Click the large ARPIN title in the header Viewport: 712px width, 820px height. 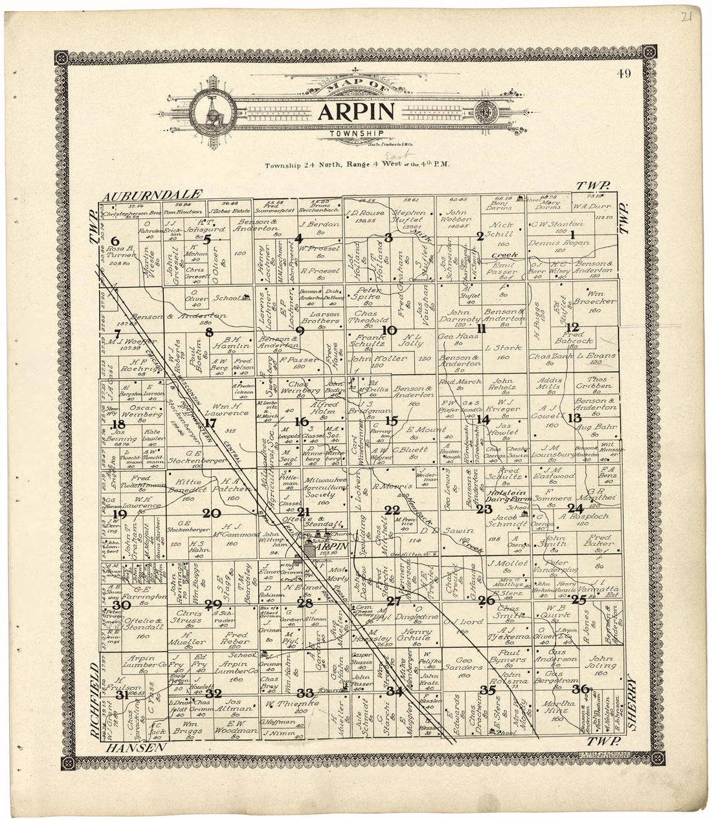click(x=355, y=111)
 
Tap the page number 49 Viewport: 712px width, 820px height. click(x=624, y=73)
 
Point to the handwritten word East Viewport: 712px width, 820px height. click(x=392, y=155)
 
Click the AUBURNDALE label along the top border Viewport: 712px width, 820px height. click(x=152, y=194)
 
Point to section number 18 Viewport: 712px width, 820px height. click(x=118, y=425)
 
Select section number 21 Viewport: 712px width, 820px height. click(x=303, y=512)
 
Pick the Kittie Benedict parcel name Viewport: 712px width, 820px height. click(x=186, y=486)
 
